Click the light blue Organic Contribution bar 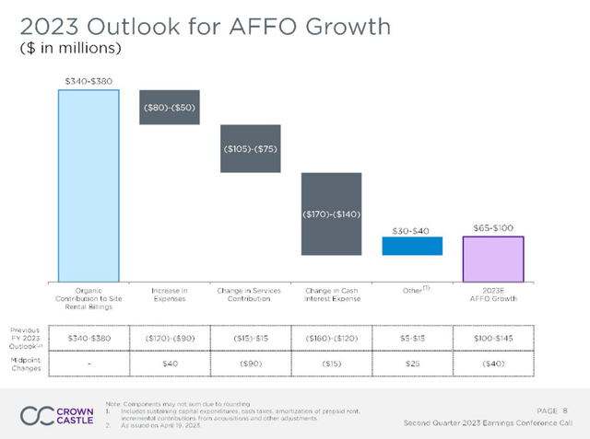click(88, 185)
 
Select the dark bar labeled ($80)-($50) click(169, 107)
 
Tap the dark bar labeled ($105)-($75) click(250, 148)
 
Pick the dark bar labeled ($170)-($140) click(331, 214)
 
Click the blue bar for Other click(412, 246)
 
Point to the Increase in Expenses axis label click(169, 295)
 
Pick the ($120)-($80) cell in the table click(169, 339)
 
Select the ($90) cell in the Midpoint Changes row click(250, 365)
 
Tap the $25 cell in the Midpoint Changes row click(412, 365)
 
